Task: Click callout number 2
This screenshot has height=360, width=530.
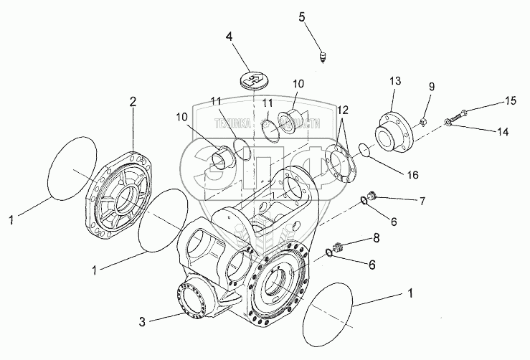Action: click(x=132, y=103)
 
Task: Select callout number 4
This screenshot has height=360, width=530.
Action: click(x=229, y=36)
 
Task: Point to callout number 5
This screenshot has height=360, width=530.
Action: click(x=302, y=16)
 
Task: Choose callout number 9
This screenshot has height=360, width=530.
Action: click(x=431, y=87)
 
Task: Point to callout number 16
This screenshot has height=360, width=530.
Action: click(x=412, y=174)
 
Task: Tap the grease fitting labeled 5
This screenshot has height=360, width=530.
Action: click(x=323, y=56)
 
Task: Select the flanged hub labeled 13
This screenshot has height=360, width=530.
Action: click(x=392, y=133)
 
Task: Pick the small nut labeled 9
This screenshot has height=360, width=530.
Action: click(x=424, y=120)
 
